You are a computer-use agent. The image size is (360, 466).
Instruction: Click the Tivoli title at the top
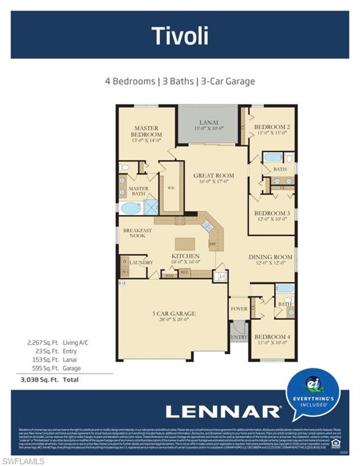(x=180, y=36)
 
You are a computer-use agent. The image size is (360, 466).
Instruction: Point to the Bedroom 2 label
(x=271, y=127)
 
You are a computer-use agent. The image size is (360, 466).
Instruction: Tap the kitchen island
(x=186, y=244)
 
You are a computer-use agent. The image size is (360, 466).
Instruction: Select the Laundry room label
(x=141, y=263)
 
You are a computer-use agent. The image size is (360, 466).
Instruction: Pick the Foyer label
(x=239, y=309)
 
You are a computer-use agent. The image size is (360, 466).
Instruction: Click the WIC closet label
(x=171, y=189)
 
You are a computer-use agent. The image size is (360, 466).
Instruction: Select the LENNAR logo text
(x=223, y=411)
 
